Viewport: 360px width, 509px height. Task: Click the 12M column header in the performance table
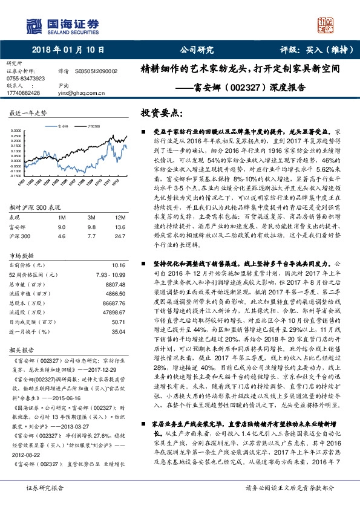[120, 216]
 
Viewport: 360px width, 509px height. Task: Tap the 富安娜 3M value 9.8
[92, 227]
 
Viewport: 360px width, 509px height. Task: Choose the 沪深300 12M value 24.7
[120, 236]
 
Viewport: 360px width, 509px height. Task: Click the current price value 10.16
[119, 265]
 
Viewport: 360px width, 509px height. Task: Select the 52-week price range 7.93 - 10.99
[110, 274]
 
